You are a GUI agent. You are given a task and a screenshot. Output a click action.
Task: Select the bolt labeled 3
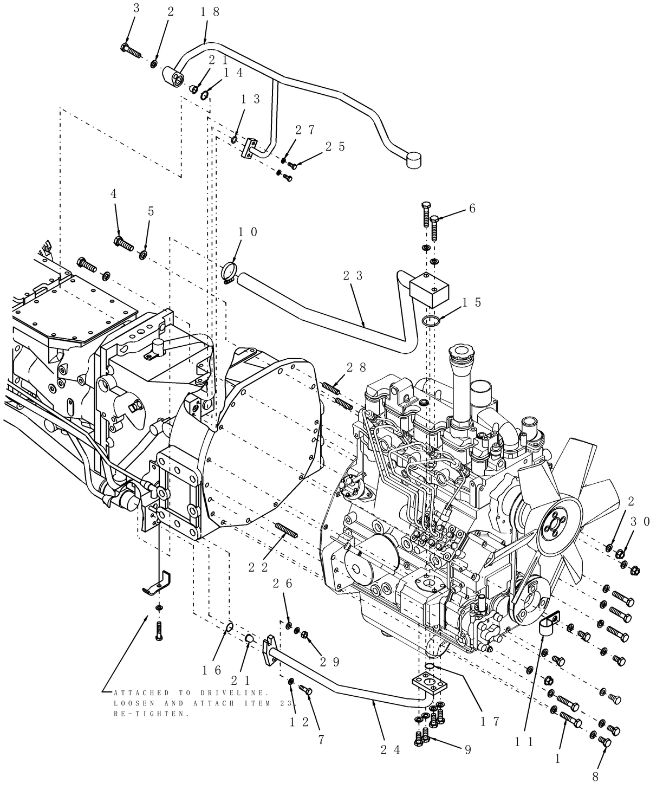[130, 51]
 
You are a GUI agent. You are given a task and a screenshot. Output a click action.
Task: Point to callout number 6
[472, 208]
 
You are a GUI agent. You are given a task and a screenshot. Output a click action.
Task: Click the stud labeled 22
[287, 529]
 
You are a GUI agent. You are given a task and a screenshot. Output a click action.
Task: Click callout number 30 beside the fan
[639, 521]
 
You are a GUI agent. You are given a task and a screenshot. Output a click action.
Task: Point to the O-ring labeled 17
[428, 666]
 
